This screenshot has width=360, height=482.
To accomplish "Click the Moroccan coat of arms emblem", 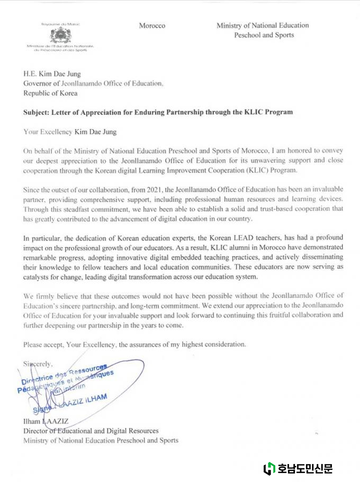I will (x=60, y=35).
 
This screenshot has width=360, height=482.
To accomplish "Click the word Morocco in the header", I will (x=152, y=26).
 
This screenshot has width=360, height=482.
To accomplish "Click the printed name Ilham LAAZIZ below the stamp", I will (x=48, y=422).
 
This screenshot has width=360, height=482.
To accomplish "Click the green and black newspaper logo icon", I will (x=269, y=468).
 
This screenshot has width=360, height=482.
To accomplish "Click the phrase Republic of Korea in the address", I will (x=50, y=93).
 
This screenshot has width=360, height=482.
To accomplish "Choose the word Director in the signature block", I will (x=37, y=431).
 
